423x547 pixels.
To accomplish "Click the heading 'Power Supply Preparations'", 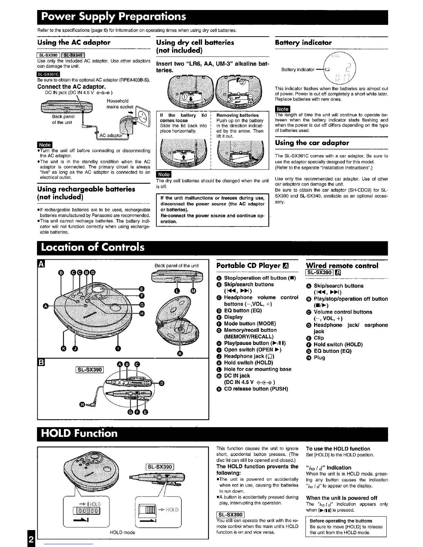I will click(x=113, y=17).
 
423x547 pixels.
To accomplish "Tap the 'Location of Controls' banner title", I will click(x=92, y=248).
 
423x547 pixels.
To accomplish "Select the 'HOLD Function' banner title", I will click(x=79, y=433).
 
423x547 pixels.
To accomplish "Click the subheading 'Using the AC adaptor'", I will click(x=74, y=42).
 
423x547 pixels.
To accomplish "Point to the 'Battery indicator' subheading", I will click(x=303, y=43).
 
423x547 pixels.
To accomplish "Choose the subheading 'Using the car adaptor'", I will click(x=312, y=143).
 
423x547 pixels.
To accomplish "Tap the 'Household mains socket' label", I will click(x=120, y=104).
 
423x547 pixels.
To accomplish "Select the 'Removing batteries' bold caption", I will click(x=237, y=115).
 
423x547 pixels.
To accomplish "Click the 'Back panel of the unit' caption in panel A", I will click(x=177, y=266).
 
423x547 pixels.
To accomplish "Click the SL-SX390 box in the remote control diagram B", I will click(x=90, y=370).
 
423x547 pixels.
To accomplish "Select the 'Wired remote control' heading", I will click(x=342, y=266).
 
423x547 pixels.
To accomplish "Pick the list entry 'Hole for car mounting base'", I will click(x=257, y=369).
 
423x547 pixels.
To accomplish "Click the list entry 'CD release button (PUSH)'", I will click(x=256, y=389).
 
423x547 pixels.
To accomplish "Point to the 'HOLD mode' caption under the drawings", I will click(x=122, y=532).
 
